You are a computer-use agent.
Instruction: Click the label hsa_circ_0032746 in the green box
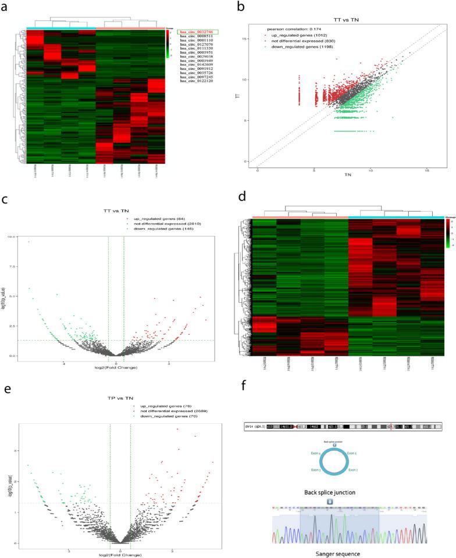[198, 32]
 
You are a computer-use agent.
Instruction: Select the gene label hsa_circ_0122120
[198, 81]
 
